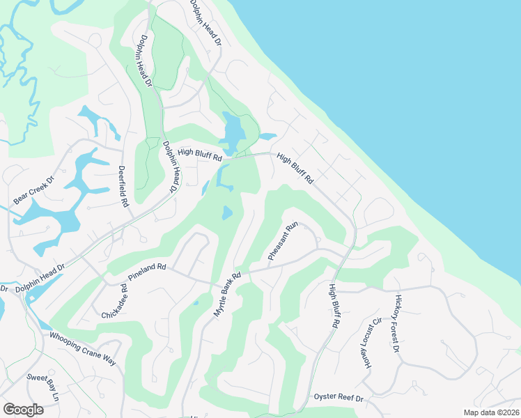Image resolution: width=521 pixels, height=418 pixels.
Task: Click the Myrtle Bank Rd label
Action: click(226, 296)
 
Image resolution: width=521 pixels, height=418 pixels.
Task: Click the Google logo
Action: click(24, 410)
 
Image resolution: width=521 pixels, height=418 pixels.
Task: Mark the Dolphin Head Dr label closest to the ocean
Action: click(205, 23)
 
